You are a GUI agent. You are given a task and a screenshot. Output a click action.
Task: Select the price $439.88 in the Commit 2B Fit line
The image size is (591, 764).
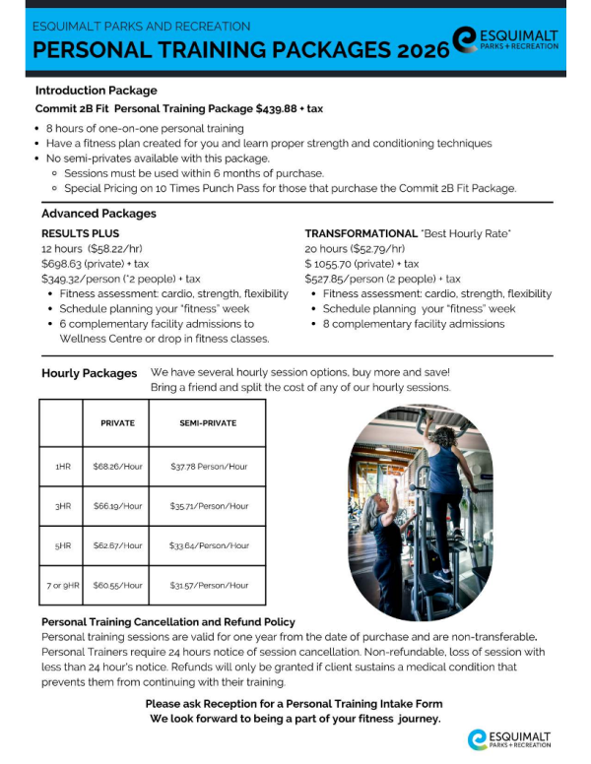pos(281,108)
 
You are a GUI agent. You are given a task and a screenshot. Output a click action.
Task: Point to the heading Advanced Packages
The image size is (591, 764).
pos(98,214)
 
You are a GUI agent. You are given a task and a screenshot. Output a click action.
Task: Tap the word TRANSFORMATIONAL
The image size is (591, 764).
pos(361,233)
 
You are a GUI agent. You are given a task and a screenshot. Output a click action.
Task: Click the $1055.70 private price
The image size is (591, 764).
pos(337,264)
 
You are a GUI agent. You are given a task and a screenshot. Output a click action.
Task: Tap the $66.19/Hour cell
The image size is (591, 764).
pos(118,506)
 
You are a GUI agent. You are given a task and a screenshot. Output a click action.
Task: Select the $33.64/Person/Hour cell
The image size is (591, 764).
pos(209,545)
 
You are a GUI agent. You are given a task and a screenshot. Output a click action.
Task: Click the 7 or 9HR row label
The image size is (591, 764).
pos(64,585)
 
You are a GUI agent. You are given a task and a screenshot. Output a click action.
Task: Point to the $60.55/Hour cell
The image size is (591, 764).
pos(118,585)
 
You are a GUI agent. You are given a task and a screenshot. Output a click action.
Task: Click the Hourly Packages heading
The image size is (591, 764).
pos(90,374)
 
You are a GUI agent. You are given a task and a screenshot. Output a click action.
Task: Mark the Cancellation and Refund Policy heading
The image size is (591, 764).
pos(168,622)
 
